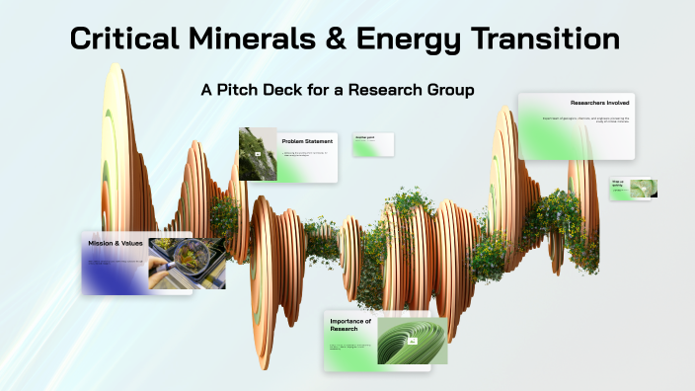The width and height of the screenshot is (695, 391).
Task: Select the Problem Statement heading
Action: [x=307, y=141]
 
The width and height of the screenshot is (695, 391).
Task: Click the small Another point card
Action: [x=374, y=143]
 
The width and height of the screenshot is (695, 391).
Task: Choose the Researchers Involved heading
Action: [x=601, y=103]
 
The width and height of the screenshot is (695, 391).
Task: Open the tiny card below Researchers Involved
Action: [x=633, y=188]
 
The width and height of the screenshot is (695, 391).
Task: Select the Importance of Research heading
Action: [x=350, y=326]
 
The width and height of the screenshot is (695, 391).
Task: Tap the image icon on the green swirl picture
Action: [x=414, y=341]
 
